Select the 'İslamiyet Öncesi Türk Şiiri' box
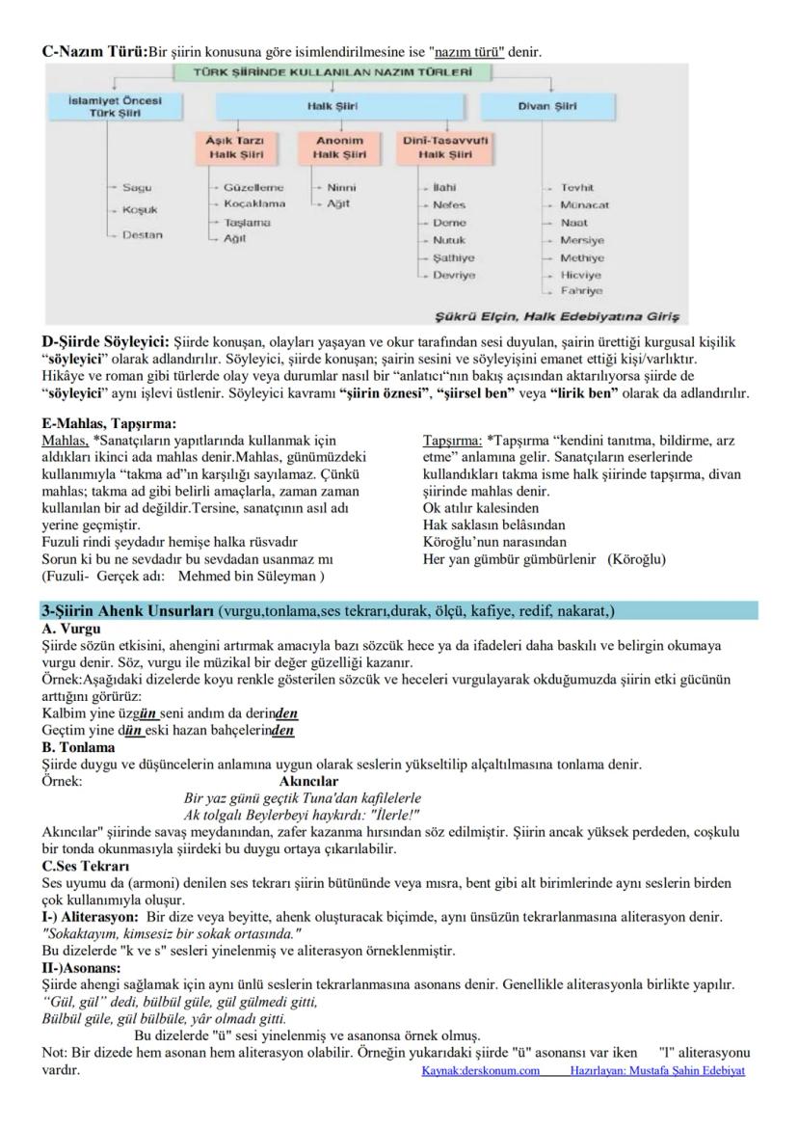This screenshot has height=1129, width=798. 115,106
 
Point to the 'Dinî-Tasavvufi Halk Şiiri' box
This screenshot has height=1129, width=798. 447,147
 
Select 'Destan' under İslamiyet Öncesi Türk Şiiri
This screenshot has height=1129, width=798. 142,234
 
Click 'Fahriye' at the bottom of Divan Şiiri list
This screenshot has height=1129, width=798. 581,290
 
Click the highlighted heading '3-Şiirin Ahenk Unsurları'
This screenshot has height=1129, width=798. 128,611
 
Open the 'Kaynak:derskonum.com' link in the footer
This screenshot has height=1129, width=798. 480,1071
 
